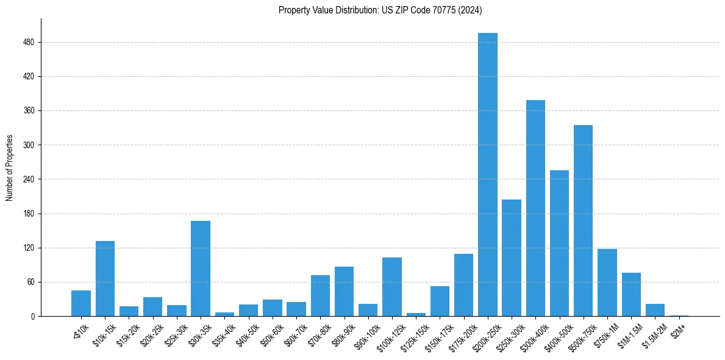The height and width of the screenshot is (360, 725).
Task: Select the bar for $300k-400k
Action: tap(535, 208)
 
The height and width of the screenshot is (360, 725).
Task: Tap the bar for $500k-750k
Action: tap(583, 220)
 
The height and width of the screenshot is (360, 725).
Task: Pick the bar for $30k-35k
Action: tap(201, 268)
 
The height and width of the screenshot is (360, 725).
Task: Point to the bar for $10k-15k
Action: tap(105, 278)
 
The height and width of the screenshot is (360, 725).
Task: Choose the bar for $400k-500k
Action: tap(559, 243)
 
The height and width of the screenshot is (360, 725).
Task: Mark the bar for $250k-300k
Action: tap(512, 257)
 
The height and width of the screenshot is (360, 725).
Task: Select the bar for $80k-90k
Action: tap(344, 291)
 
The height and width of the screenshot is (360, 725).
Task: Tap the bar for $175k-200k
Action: tap(463, 285)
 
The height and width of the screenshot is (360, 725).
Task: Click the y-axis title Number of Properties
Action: tap(9, 168)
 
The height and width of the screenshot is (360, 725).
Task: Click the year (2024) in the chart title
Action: tap(471, 10)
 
